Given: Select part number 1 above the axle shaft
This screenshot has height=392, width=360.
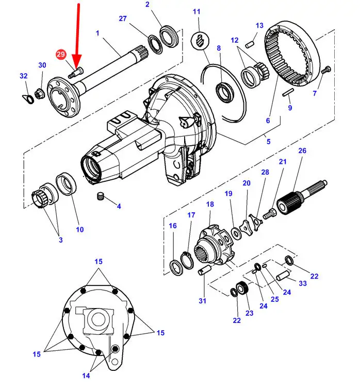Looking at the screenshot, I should click(x=97, y=33).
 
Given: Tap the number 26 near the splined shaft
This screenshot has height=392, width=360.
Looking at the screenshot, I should click(x=302, y=150).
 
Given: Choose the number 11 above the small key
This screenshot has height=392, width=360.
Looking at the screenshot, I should click(x=197, y=12).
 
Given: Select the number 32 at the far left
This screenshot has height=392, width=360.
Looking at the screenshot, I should click(x=23, y=76).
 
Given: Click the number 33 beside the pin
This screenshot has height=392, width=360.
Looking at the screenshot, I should click(x=302, y=283).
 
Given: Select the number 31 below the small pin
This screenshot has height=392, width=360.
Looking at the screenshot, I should click(x=202, y=301).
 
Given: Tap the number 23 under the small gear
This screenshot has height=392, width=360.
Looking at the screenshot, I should click(x=250, y=313).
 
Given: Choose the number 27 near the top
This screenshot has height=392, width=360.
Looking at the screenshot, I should click(x=123, y=19).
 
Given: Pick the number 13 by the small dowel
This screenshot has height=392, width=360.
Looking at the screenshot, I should click(x=259, y=26).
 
